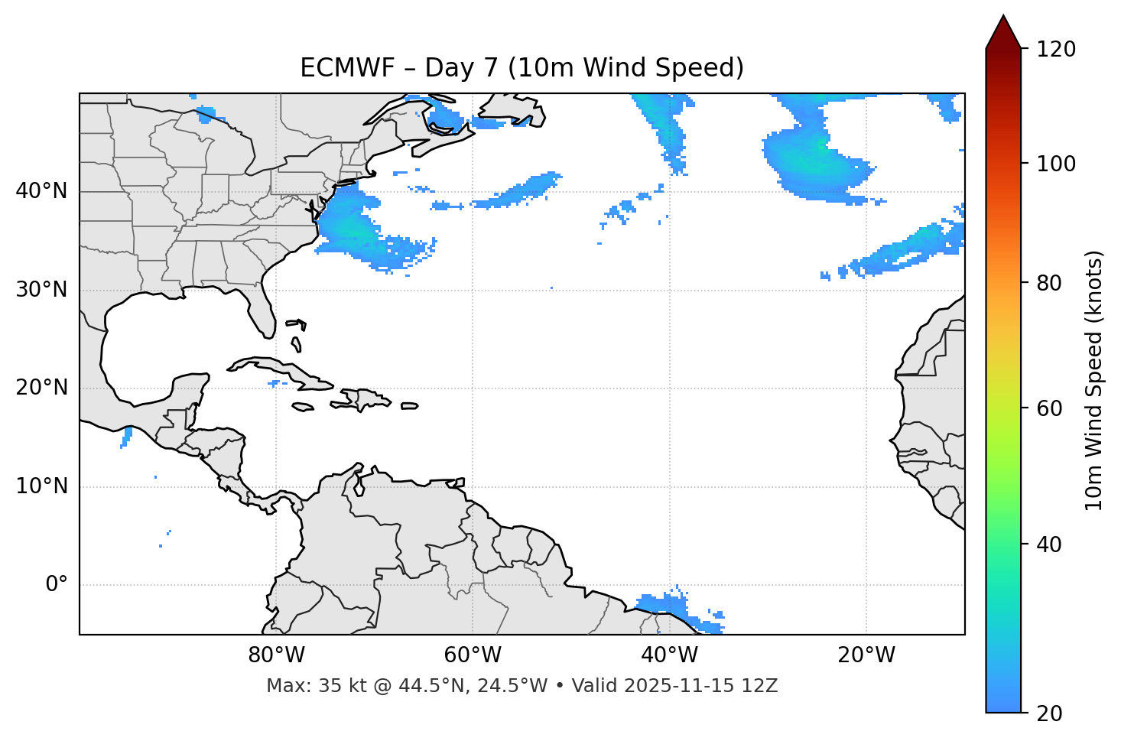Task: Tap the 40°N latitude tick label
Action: [x=41, y=190]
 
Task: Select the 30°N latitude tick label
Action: [x=41, y=290]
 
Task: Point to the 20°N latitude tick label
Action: [x=41, y=388]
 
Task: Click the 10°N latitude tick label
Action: [x=41, y=486]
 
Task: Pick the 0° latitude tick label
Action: [x=57, y=585]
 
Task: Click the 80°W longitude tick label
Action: [x=276, y=655]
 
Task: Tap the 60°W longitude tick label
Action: [x=473, y=655]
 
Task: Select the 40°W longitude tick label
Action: [x=670, y=655]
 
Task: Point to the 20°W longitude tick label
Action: [x=866, y=655]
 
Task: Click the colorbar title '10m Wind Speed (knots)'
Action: [x=1094, y=380]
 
